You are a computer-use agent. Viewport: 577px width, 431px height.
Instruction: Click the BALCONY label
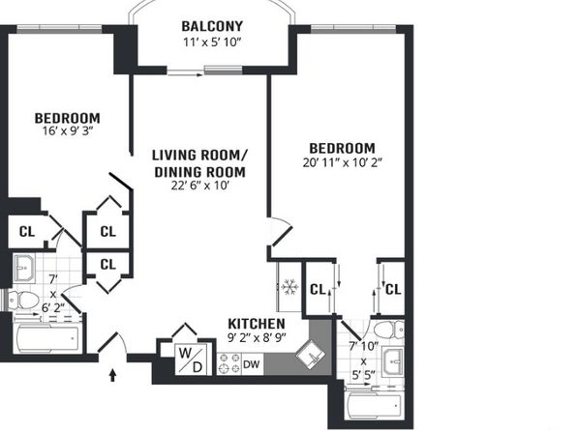tap(212, 26)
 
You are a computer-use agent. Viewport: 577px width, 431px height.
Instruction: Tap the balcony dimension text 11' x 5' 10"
tap(212, 43)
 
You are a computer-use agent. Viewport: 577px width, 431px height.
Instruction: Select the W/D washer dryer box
tap(191, 359)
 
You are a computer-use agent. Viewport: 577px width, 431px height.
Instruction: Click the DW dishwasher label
tap(252, 364)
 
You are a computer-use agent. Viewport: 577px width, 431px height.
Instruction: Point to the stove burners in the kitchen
tap(228, 363)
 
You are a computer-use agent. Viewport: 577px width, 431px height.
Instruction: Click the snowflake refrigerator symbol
tap(289, 287)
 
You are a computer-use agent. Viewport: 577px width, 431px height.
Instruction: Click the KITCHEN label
tap(257, 324)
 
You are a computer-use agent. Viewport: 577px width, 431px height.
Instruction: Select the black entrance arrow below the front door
tap(112, 375)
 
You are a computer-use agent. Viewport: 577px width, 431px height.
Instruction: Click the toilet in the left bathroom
tap(23, 301)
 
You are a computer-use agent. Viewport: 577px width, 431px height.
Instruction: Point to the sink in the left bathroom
tap(24, 268)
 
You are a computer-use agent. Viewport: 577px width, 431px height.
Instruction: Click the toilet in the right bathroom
tap(389, 330)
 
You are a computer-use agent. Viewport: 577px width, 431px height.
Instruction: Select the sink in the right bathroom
tap(393, 362)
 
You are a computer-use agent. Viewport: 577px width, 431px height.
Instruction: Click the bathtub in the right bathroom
tap(375, 407)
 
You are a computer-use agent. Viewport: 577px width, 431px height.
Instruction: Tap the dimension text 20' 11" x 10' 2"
tap(343, 162)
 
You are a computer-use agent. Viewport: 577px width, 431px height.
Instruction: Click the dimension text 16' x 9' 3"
tap(68, 130)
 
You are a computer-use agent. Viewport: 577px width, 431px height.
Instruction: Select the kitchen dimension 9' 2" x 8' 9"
tap(257, 337)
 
